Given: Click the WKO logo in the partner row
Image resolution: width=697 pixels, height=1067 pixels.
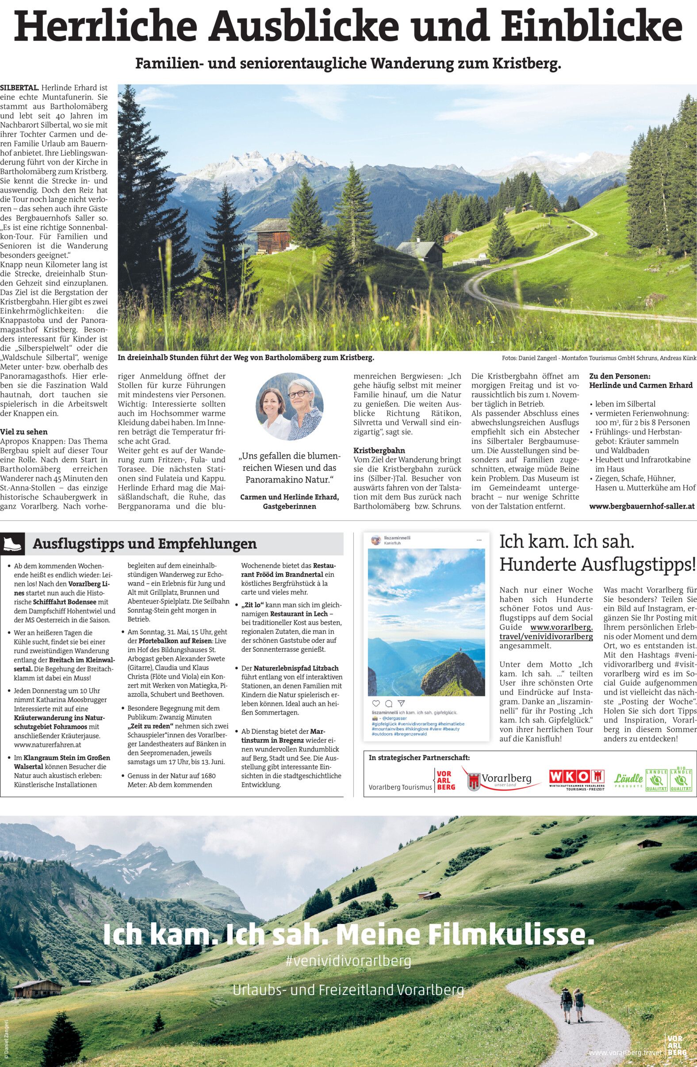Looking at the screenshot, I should pos(577,777).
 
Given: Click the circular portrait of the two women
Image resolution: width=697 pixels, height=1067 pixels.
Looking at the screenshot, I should pos(289,406).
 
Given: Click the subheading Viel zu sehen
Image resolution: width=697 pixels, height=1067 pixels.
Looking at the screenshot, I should pos(24,432).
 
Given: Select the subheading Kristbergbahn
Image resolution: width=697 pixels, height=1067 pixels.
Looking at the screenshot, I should pos(379,450).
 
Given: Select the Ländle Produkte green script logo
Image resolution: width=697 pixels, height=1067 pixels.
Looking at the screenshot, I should pos(628,779).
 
